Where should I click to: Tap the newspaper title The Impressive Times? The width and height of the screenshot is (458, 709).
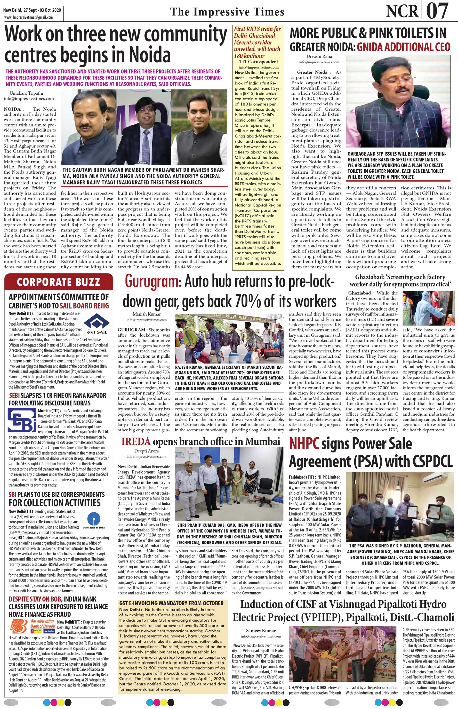[227, 12]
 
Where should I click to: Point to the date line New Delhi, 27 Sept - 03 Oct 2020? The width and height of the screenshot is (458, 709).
[32, 10]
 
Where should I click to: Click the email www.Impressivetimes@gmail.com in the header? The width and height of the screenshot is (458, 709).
[29, 17]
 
